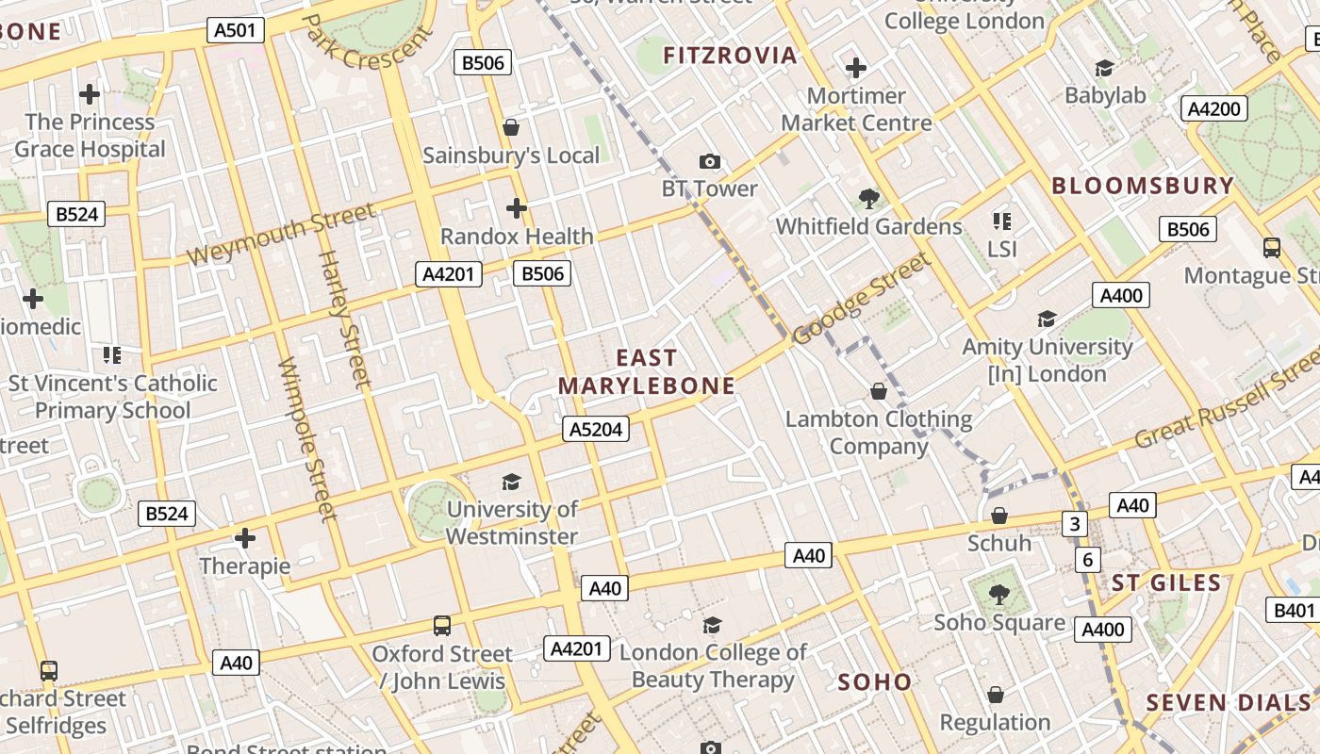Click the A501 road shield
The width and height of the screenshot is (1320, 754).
coord(235,30)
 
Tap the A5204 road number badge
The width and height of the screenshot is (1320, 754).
coord(597,430)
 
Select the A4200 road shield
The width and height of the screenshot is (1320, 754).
coord(1214,108)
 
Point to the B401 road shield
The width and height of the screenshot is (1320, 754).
coord(1294,611)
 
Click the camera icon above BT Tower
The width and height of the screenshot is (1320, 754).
coord(710,162)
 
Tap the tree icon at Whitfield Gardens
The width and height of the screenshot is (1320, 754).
coord(869,199)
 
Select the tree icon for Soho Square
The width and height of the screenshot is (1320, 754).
coord(999,595)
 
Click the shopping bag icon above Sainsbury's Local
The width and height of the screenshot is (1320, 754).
coord(511,127)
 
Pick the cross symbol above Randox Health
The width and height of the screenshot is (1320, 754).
coord(517,208)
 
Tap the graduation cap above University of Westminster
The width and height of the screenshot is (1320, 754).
coord(511,483)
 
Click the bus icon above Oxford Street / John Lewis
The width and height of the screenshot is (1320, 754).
coord(441,626)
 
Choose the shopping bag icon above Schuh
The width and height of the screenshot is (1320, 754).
coord(999,516)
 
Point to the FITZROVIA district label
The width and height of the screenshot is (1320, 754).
coord(731,56)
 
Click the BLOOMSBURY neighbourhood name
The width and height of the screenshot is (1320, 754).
coord(1143,186)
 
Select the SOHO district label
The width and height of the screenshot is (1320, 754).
coord(875,682)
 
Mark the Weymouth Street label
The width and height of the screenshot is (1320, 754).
coord(282,234)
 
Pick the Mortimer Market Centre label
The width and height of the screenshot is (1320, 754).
coord(856,109)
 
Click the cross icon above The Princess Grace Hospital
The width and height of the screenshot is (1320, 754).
coord(90,94)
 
